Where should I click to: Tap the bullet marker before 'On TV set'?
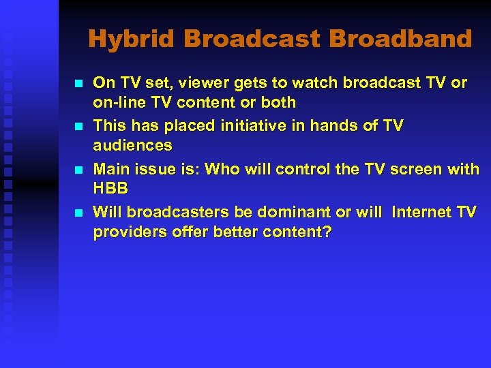(x=78, y=84)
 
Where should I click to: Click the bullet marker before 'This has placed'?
(x=78, y=127)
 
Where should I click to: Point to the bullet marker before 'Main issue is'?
(x=78, y=170)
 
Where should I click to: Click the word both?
(x=279, y=103)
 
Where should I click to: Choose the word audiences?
(x=132, y=146)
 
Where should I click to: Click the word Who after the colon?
(x=223, y=169)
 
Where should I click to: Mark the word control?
(x=307, y=169)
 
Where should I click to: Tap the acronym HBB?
(x=110, y=189)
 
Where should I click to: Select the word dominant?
(x=297, y=212)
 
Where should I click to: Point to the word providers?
(x=125, y=232)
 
